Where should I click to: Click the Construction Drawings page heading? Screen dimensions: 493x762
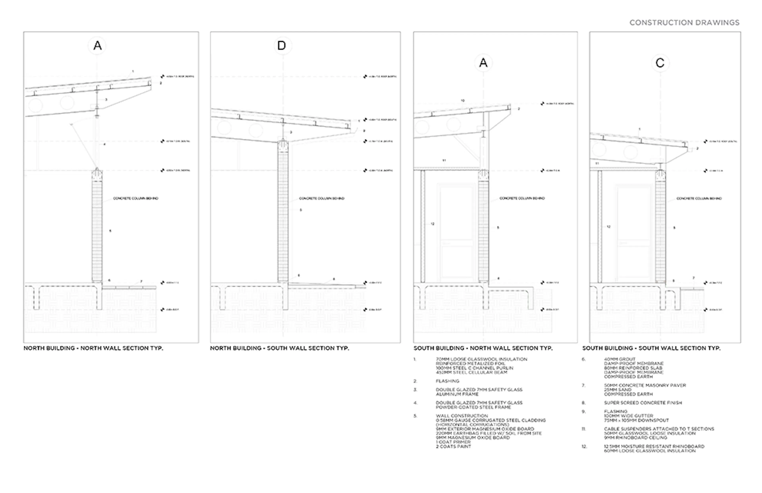tap(684, 23)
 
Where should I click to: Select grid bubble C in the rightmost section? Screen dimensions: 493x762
tap(660, 63)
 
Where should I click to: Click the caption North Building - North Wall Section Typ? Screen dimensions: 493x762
tap(93, 348)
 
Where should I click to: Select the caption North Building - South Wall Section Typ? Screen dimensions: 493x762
tap(280, 348)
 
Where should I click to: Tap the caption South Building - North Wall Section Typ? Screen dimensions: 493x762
tap(483, 348)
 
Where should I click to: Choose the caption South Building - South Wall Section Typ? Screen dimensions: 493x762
tap(651, 348)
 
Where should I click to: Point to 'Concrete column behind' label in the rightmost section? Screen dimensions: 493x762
tap(699, 198)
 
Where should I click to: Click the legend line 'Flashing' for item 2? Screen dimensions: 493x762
tap(447, 381)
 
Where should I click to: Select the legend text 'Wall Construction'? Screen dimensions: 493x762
tap(462, 416)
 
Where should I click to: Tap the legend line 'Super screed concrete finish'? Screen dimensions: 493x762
tap(643, 403)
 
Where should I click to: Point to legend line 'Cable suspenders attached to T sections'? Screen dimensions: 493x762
tap(659, 429)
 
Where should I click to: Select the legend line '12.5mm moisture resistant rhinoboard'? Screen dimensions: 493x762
tap(654, 446)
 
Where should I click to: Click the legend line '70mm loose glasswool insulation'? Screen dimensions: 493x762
tap(481, 359)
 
